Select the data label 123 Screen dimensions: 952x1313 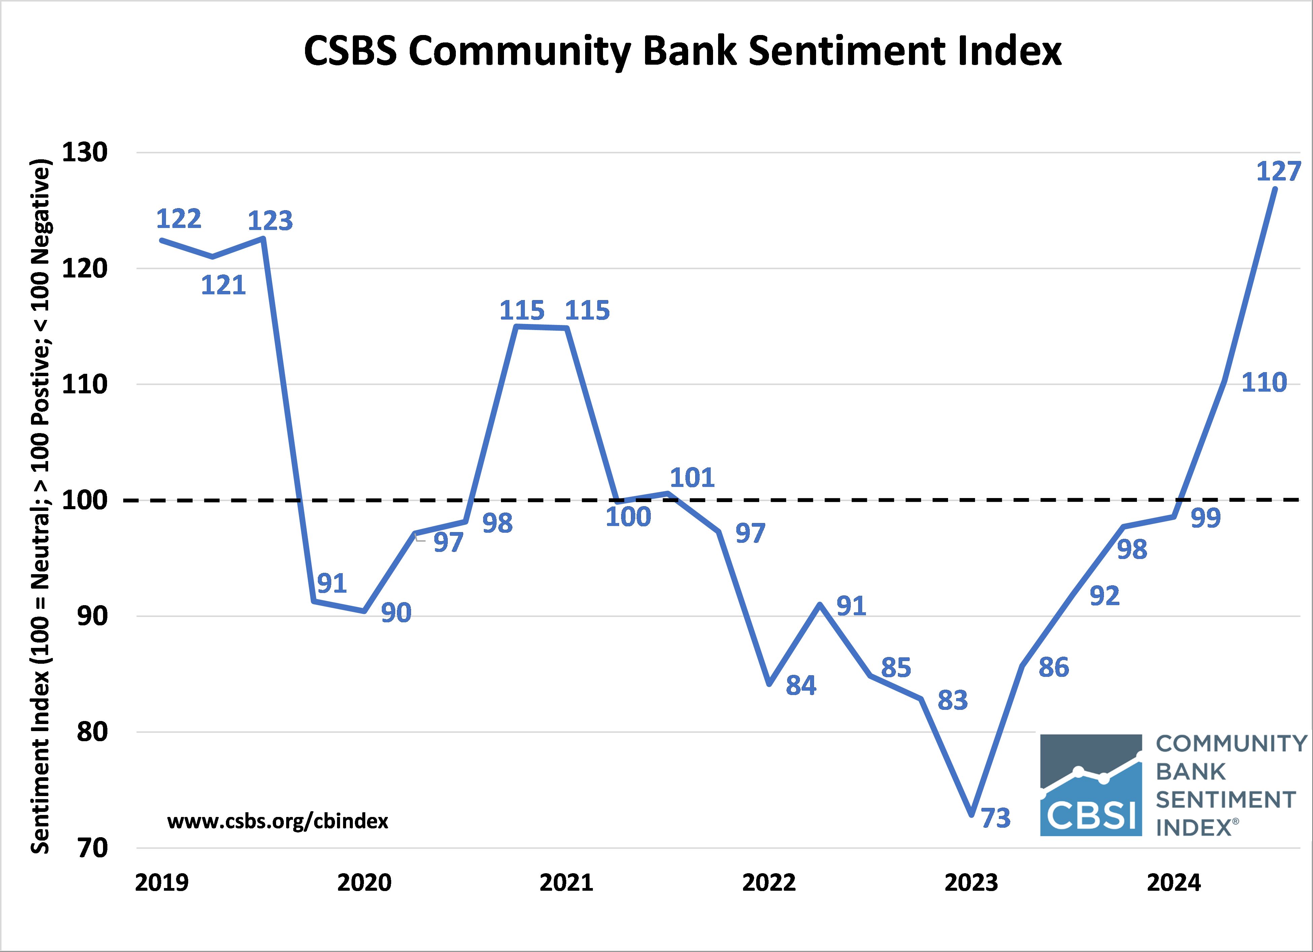pos(270,221)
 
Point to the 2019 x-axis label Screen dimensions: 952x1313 pos(162,883)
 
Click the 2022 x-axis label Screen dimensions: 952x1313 pos(769,883)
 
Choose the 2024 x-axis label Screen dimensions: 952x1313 pos(1174,883)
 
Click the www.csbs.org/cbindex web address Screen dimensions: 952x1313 pos(278,821)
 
